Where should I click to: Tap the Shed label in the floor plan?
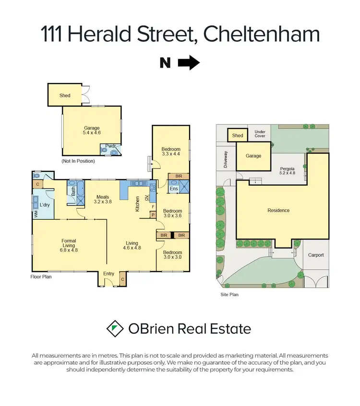tap(65, 96)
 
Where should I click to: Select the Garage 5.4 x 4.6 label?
tap(92, 131)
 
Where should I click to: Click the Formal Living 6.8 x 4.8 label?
tap(69, 245)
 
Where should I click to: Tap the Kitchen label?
tap(137, 204)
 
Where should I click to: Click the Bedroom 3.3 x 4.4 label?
tap(171, 151)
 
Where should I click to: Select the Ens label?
tap(174, 189)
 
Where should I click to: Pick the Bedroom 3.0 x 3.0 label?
tap(172, 255)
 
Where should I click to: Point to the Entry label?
tap(109, 274)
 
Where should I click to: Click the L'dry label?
tap(45, 205)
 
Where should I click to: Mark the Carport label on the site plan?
tap(316, 255)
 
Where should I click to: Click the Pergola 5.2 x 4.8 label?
tap(288, 172)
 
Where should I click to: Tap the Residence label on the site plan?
tap(279, 210)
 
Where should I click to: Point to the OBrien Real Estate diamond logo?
tap(114, 329)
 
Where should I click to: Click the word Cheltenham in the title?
tap(262, 35)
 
